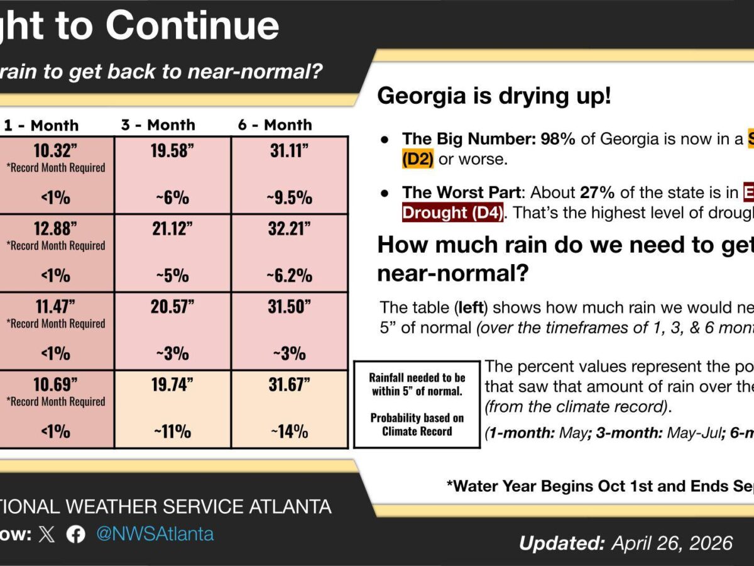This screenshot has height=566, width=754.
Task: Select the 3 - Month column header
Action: tap(158, 125)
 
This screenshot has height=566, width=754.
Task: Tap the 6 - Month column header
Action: tap(275, 125)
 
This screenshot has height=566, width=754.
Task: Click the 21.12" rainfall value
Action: tap(172, 228)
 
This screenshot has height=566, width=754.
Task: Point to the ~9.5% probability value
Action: tap(289, 197)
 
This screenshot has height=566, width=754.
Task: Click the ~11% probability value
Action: tap(172, 431)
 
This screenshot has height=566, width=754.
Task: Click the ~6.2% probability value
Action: tap(289, 275)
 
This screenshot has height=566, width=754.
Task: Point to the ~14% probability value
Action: tap(289, 431)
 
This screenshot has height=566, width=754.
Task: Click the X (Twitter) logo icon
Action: tap(46, 535)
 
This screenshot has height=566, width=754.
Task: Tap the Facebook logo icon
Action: tap(76, 535)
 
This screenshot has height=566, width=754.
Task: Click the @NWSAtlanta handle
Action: tap(155, 535)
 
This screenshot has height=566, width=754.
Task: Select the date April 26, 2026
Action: tap(672, 543)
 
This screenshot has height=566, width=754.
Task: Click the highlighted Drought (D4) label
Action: tap(452, 213)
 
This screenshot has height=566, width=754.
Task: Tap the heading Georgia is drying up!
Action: tap(494, 96)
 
